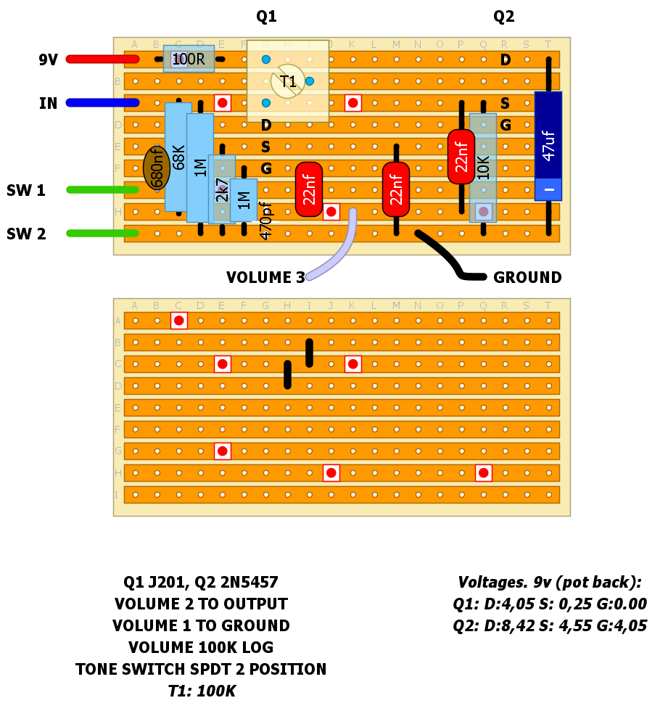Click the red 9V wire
102,59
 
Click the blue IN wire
102,103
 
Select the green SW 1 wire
102,190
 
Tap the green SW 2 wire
102,234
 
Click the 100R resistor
189,59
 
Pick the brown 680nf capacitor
157,168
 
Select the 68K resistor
178,157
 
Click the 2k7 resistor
222,189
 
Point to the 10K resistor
483,167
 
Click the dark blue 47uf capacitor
548,145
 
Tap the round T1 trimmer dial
288,81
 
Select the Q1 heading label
266,17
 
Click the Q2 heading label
504,17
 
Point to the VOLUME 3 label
265,278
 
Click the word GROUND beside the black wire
527,278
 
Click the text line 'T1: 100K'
202,691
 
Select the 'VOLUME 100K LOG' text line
201,648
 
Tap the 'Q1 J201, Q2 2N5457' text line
201,583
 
